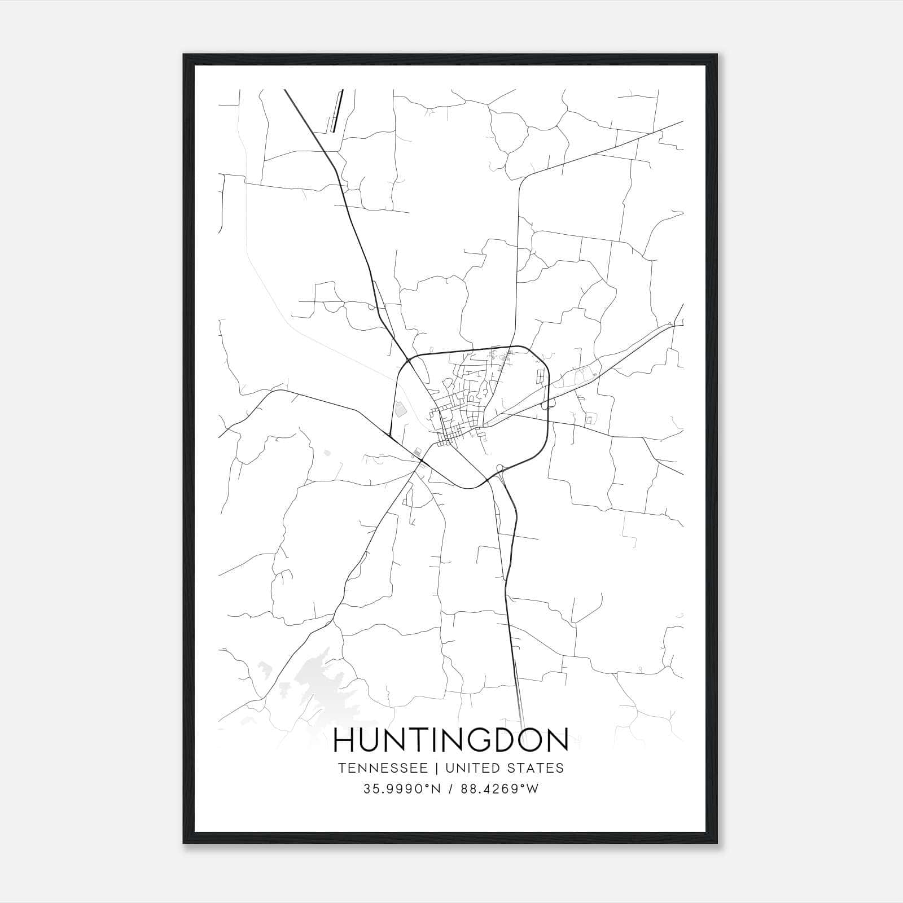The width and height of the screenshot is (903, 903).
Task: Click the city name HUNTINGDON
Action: pyautogui.click(x=451, y=740)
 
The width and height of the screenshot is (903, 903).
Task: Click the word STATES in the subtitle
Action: pyautogui.click(x=541, y=768)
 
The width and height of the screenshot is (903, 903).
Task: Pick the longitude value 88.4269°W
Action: pyautogui.click(x=499, y=789)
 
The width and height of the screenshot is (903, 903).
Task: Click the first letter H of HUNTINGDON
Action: pyautogui.click(x=344, y=740)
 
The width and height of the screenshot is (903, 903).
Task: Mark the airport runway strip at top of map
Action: pyautogui.click(x=337, y=110)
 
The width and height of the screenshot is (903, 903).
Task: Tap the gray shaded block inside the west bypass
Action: pyautogui.click(x=401, y=409)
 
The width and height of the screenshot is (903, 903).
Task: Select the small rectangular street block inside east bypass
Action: pyautogui.click(x=542, y=375)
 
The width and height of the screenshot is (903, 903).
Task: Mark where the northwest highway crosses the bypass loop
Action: pyautogui.click(x=408, y=360)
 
